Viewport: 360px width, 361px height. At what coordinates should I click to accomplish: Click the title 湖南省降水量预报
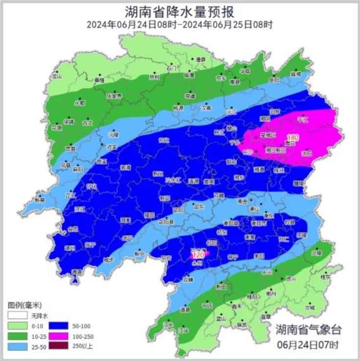(x=180, y=11)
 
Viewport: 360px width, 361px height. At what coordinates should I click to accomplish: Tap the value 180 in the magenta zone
(x=293, y=138)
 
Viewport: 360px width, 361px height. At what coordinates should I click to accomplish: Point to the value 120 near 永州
(x=198, y=255)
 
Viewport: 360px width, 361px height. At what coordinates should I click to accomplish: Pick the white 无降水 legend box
(x=16, y=316)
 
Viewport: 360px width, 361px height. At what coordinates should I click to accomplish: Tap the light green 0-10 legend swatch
(x=16, y=326)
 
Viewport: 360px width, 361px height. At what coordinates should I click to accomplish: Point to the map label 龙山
(x=57, y=76)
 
